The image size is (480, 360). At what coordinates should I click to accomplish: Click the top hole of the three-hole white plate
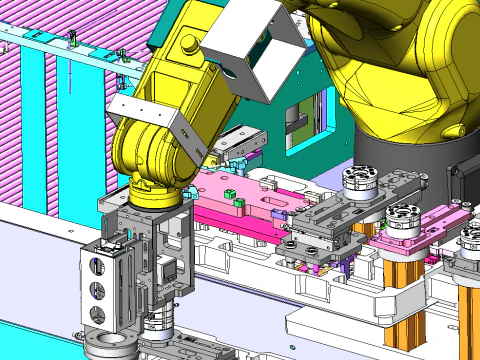pos(98,266)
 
